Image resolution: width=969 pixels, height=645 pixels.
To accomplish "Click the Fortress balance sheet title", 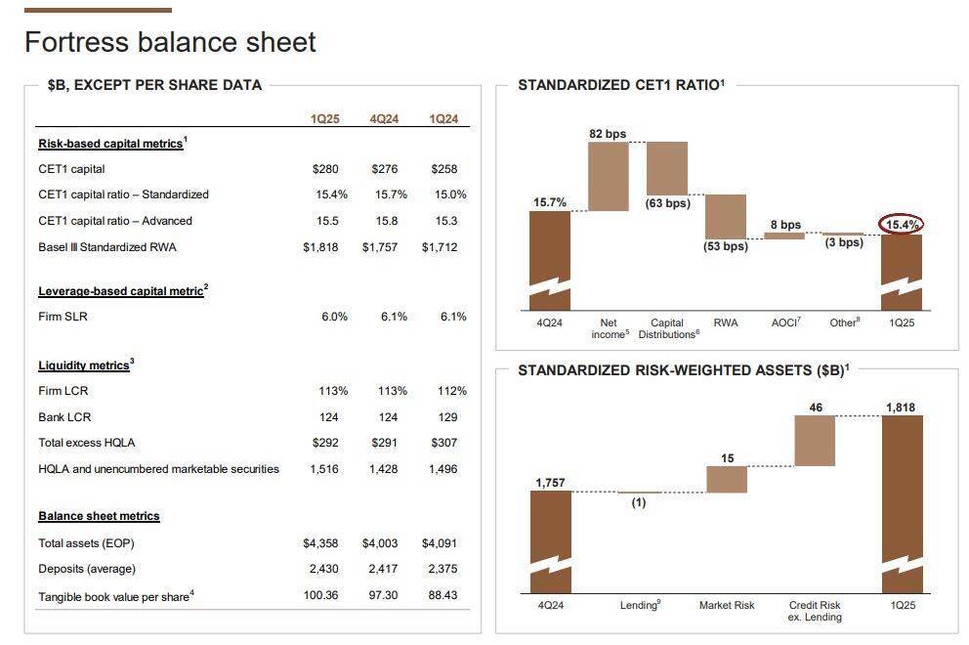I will tap(170, 42).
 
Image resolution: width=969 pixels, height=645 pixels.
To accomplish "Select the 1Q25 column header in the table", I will tap(325, 119).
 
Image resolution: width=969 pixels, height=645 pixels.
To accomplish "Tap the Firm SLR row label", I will tap(63, 317).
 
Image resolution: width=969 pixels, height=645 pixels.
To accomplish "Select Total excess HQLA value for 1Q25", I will tap(325, 443).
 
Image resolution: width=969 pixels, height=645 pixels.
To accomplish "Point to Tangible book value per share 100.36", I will tap(320, 595).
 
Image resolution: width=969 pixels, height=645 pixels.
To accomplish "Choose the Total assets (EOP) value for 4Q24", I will tap(380, 543).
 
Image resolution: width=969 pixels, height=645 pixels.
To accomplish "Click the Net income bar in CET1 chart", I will tap(608, 177).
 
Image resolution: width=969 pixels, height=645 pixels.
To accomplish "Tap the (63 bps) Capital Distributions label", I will tap(667, 203).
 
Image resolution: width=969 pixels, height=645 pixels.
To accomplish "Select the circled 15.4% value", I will tap(902, 225).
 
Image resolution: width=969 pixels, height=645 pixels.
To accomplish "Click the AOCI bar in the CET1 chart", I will tap(784, 236).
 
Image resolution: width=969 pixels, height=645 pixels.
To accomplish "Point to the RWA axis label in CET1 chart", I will tap(726, 322).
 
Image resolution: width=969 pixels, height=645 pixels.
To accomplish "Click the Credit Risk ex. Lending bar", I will tap(815, 441).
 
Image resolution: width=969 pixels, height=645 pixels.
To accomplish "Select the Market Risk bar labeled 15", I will tap(727, 479).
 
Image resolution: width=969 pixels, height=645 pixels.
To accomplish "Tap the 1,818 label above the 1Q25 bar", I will tap(901, 408).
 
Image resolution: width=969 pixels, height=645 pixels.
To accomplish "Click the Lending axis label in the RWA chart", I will tap(640, 605).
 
